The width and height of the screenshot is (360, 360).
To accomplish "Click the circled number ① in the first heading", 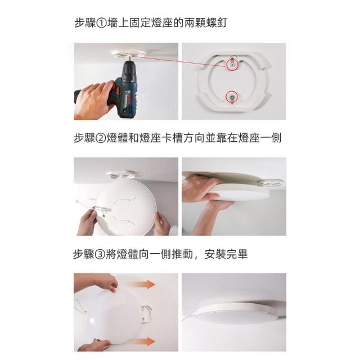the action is (x=101, y=23).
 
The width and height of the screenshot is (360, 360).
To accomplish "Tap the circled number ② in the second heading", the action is (x=101, y=138).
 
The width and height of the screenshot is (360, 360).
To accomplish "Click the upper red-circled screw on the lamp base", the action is (x=232, y=65).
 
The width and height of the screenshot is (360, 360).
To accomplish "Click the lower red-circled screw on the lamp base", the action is (x=231, y=97).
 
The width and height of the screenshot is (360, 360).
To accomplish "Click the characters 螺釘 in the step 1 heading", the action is (x=217, y=23).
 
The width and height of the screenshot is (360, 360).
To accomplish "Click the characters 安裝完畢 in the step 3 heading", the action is (x=226, y=254).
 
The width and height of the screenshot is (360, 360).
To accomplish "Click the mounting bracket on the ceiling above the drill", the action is (x=129, y=55).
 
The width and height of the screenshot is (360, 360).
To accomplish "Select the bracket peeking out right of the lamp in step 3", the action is (x=146, y=314).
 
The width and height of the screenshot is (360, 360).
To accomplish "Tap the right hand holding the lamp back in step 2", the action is (x=162, y=223).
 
